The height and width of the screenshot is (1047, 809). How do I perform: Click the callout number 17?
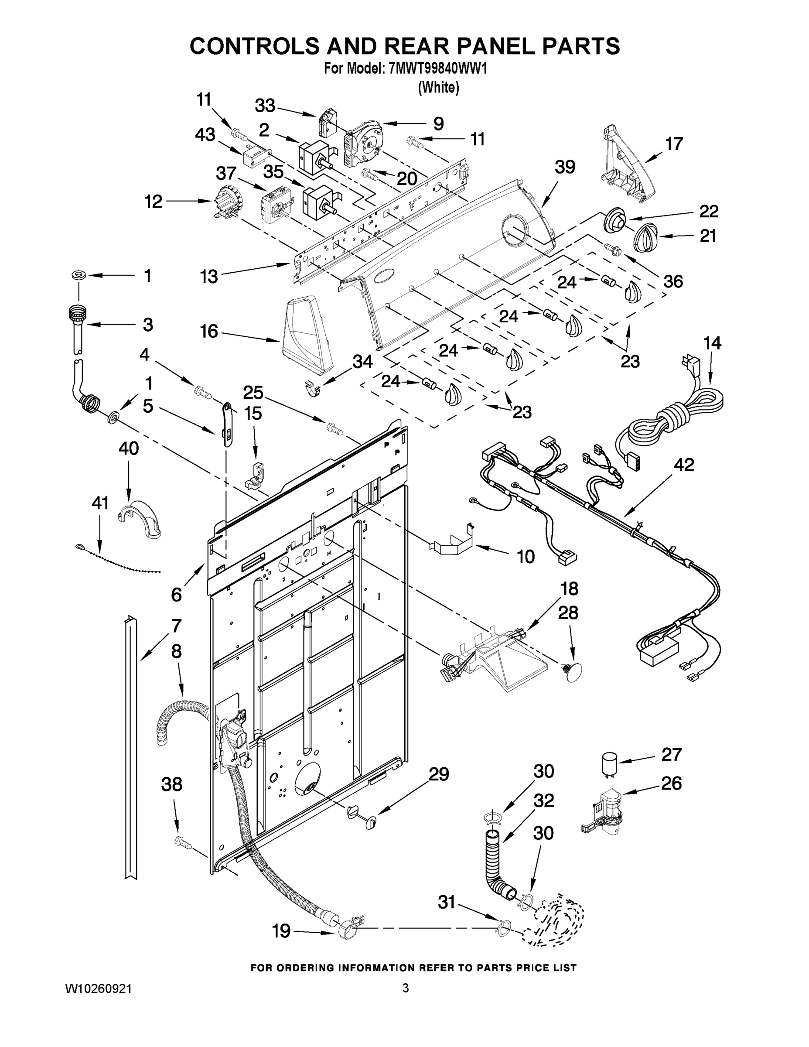click(x=674, y=144)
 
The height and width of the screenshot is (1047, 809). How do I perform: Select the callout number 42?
click(x=683, y=465)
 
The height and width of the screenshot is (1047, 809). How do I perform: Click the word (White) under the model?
click(x=439, y=87)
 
